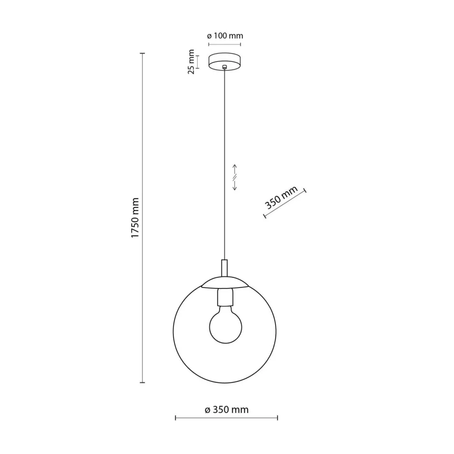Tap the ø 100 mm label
(225, 36)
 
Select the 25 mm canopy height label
(191, 62)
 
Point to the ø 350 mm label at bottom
(227, 410)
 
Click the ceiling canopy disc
(225, 61)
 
